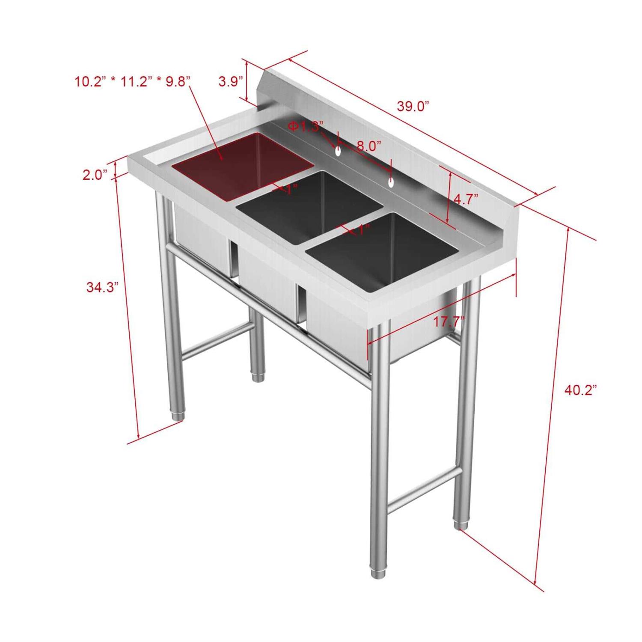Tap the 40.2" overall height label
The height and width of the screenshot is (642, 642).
580,390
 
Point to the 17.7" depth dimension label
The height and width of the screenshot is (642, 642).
449,321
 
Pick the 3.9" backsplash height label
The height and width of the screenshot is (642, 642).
231,81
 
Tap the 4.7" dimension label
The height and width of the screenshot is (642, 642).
466,199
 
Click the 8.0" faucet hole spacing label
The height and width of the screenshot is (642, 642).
369,146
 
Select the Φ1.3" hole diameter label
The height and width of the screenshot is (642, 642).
305,126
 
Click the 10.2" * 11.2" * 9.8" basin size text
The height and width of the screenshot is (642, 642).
132,81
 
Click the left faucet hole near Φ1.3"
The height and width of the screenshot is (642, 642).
338,151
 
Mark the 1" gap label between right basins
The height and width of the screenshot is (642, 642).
363,230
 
